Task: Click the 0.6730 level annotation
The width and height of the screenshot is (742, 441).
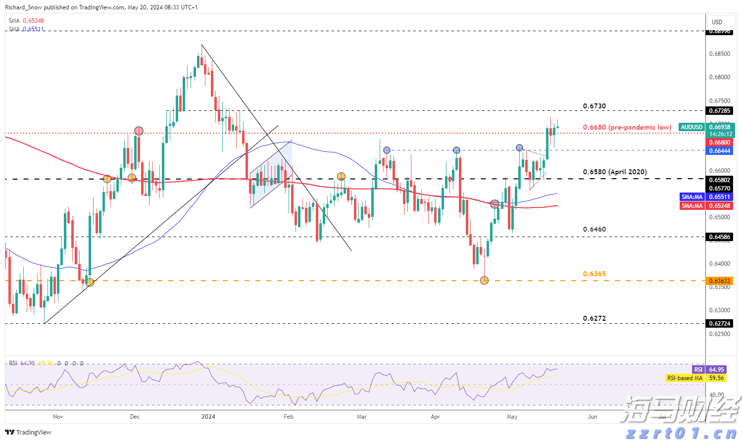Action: click(594, 106)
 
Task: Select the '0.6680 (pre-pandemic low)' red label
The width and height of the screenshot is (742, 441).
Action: click(627, 128)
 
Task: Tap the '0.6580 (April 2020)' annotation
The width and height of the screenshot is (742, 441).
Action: click(614, 172)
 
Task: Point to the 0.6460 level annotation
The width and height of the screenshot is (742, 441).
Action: click(594, 230)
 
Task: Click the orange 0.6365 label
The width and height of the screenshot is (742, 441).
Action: click(594, 274)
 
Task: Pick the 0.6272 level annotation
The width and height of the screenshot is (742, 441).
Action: click(594, 319)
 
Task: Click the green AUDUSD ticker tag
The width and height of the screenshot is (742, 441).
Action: click(692, 127)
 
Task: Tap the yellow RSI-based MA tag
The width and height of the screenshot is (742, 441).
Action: click(685, 378)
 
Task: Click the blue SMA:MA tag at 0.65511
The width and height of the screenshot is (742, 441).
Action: click(692, 197)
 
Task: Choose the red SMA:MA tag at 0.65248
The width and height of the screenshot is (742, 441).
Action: click(692, 206)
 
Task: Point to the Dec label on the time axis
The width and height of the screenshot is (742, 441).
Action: click(135, 417)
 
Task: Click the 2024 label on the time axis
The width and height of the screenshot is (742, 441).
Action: click(208, 417)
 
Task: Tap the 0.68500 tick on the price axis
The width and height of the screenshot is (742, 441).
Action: click(720, 54)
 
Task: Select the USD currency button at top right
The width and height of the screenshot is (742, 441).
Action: click(717, 22)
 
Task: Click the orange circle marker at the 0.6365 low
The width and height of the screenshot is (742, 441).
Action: click(485, 280)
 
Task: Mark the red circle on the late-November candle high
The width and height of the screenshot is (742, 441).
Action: click(139, 131)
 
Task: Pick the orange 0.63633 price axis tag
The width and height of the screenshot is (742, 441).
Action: click(720, 281)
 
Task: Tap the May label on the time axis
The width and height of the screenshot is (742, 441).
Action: click(512, 417)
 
